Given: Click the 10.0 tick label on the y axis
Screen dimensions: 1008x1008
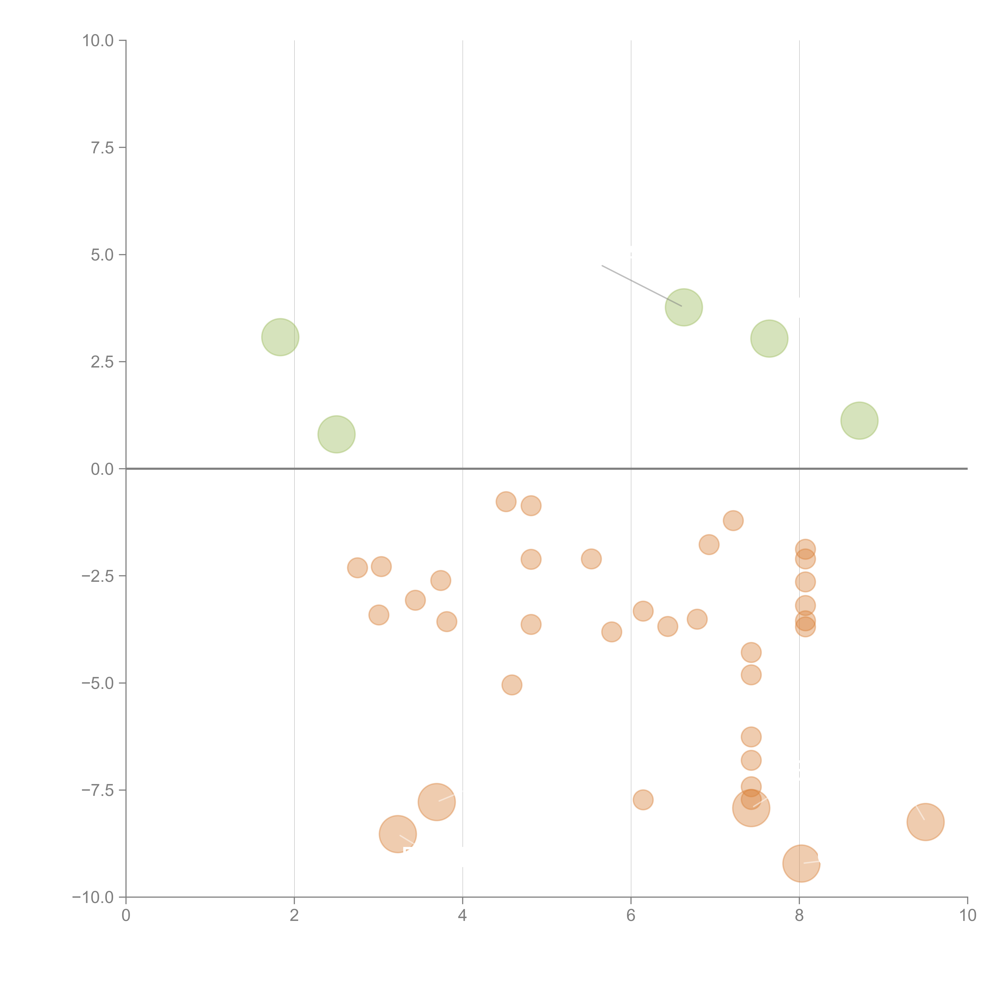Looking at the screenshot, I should [98, 41].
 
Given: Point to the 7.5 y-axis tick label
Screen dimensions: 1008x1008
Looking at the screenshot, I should [102, 148].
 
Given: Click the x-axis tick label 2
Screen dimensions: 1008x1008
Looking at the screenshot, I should [294, 916].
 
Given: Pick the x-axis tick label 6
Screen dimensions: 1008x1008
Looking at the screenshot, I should [631, 916].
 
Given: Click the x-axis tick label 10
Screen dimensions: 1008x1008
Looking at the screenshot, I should [967, 916].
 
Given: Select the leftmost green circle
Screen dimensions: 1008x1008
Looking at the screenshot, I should [280, 337].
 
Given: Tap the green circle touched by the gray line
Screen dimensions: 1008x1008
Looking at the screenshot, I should [683, 307].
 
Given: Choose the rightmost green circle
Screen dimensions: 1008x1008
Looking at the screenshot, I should [859, 421].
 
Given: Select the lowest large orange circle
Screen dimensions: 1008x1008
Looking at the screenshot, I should [801, 863].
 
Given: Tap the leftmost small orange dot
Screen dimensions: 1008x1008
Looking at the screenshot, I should [357, 568].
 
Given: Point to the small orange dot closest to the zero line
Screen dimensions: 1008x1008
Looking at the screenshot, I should [506, 502].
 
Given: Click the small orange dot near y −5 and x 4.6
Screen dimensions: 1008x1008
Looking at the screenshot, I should [512, 685].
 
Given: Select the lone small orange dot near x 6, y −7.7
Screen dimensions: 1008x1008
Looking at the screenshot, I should [643, 800].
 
